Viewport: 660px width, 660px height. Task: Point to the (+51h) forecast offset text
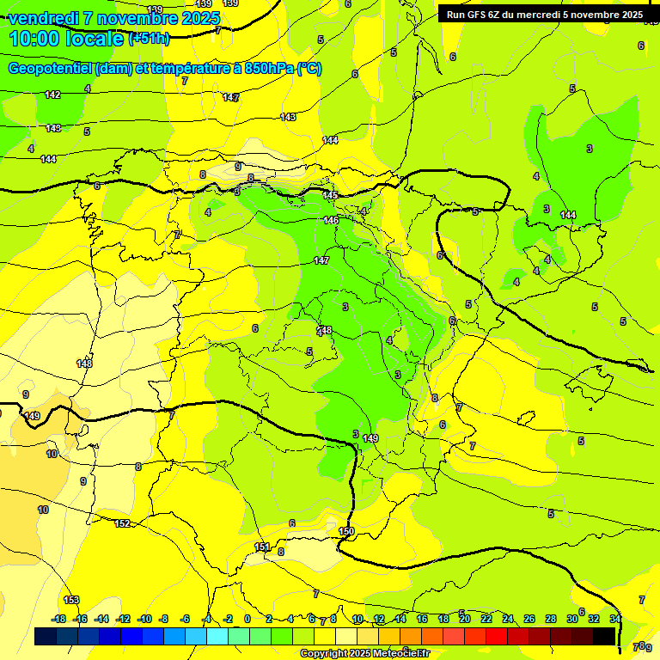149,39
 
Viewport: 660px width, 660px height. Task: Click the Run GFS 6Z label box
544,15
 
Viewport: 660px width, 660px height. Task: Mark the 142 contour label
52,95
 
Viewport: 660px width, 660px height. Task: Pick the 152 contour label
122,523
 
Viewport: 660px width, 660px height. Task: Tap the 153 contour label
71,600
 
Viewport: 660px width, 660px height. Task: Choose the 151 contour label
262,547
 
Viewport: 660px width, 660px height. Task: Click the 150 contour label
346,532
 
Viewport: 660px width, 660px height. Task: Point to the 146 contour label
331,221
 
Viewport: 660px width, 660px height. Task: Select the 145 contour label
330,196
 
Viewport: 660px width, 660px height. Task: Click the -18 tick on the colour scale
58,619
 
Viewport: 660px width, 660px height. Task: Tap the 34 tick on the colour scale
615,619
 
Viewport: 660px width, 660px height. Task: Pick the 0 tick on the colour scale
247,619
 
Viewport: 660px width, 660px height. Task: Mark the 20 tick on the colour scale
464,619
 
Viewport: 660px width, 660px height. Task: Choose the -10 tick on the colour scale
144,619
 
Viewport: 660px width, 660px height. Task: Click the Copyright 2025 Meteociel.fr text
364,653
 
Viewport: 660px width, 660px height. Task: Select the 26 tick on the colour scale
529,619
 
